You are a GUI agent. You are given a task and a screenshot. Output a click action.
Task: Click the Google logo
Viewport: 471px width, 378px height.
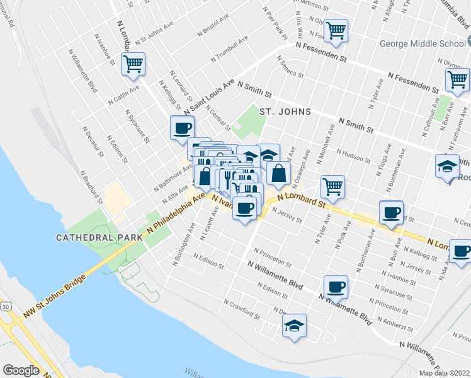pyautogui.click(x=21, y=370)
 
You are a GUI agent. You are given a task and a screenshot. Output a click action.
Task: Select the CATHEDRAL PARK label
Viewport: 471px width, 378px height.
pyautogui.click(x=93, y=238)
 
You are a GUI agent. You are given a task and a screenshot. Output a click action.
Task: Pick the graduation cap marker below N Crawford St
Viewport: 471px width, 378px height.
pyautogui.click(x=293, y=326)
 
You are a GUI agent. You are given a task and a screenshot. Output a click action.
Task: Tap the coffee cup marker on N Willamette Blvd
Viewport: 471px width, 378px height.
pyautogui.click(x=336, y=287)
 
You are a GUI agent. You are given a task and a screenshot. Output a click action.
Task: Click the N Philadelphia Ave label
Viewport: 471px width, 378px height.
pyautogui.click(x=176, y=214)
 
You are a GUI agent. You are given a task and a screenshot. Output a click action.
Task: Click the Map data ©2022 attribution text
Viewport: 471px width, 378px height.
pyautogui.click(x=445, y=373)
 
